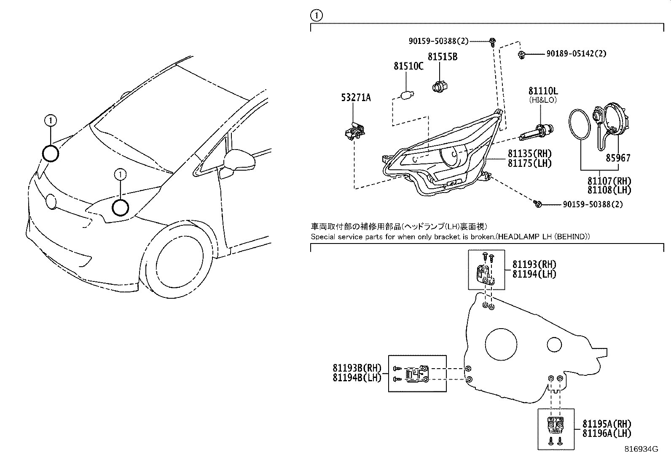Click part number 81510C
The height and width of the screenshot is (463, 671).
tap(408, 66)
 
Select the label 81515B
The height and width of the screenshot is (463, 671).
tap(442, 56)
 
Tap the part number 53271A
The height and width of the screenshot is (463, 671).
tap(356, 98)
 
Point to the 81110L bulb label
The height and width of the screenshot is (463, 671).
tap(543, 91)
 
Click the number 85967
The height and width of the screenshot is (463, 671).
tap(618, 158)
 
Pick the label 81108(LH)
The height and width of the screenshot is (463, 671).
tap(609, 190)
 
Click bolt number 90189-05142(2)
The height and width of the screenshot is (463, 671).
tap(576, 54)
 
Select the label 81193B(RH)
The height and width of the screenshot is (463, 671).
tap(357, 368)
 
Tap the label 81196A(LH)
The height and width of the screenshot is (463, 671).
tap(607, 433)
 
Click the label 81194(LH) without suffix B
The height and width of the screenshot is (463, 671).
tap(534, 274)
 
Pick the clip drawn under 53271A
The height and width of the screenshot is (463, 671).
tap(354, 133)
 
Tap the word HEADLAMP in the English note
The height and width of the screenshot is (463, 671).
tap(513, 237)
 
